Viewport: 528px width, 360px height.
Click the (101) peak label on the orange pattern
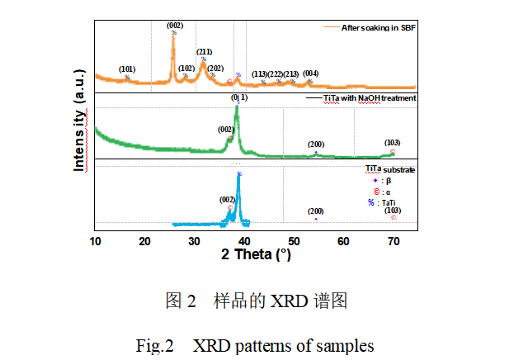pos(126,69)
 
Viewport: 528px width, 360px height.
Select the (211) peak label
pos(204,52)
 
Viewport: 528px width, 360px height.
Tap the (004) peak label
pos(310,73)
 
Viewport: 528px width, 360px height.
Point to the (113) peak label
pos(260,74)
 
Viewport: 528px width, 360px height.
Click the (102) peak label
pos(186,69)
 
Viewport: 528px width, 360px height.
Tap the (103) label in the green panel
pos(393,143)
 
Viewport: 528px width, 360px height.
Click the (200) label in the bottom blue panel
pos(316,211)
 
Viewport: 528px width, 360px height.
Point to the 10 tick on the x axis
pos(96,240)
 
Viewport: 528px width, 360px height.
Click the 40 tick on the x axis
pos(245,240)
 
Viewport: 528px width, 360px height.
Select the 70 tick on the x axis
pos(394,240)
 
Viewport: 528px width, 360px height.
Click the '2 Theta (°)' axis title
pos(256,254)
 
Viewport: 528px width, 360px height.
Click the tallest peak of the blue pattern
pos(238,176)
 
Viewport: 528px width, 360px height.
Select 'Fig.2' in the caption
pos(154,345)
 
